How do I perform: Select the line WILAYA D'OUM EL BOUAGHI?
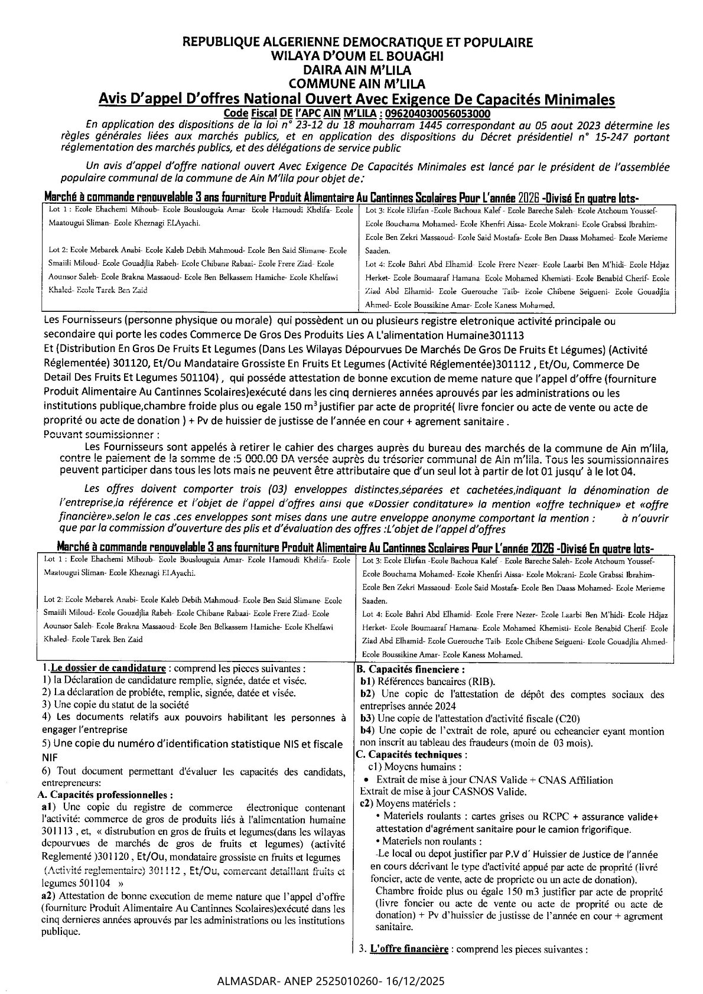357,56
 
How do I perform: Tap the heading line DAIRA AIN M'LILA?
357,69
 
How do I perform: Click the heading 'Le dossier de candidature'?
108,669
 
